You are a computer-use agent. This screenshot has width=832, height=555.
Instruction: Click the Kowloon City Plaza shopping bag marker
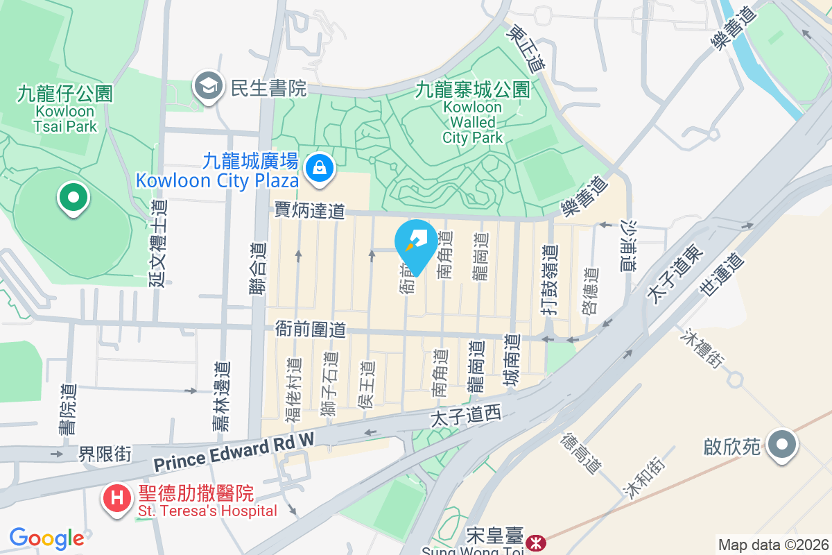coord(319,166)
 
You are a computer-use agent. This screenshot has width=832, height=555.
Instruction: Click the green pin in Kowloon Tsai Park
coord(73,197)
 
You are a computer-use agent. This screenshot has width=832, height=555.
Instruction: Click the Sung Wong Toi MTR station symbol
coord(535,541)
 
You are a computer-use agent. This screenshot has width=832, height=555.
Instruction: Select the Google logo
coord(46,538)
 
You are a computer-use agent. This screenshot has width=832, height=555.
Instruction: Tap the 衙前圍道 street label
coord(310,329)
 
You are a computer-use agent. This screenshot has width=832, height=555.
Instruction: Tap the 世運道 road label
coord(722,275)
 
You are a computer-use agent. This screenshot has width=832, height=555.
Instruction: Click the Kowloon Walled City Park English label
coord(472,122)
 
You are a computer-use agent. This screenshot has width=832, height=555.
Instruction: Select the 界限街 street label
coord(105,454)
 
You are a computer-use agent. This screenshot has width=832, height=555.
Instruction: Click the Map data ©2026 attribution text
coord(772,545)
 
